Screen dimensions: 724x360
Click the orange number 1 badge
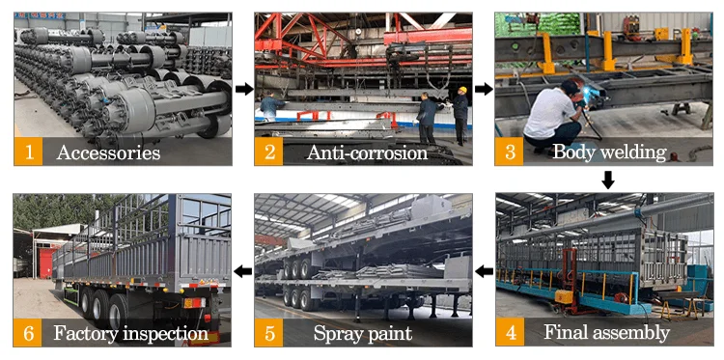click(29, 151)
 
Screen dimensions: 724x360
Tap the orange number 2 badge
click(268, 151)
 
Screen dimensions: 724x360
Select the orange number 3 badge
click(510, 151)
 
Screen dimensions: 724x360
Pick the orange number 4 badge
click(511, 332)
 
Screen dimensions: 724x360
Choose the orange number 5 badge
click(268, 332)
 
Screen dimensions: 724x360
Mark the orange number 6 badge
click(28, 332)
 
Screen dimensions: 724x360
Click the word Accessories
click(108, 152)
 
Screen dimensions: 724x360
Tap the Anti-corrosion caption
click(367, 152)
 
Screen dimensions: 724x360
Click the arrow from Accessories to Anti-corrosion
click(244, 89)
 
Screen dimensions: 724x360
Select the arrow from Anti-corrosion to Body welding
click(484, 89)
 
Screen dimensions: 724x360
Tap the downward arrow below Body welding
click(608, 180)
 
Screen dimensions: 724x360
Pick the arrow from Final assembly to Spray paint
click(484, 271)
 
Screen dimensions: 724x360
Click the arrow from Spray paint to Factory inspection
click(243, 271)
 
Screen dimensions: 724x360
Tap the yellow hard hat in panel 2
click(462, 90)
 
